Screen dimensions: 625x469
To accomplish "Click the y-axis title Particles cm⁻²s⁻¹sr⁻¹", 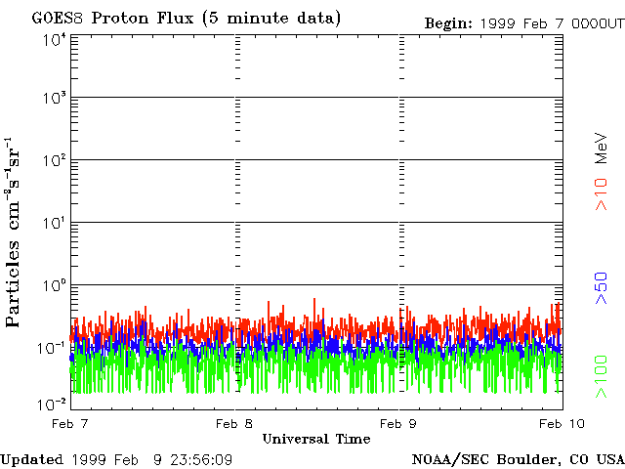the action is coord(13,233).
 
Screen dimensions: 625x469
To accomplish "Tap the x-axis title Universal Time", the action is coord(316,439).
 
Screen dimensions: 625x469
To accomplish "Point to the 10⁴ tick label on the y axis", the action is coord(55,39).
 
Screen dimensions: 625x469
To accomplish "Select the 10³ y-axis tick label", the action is coord(55,97).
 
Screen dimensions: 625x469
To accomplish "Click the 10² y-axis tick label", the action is coord(55,160).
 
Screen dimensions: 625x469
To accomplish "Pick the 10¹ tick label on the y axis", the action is coord(55,223).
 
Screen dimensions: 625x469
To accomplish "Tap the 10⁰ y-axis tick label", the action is coord(55,285).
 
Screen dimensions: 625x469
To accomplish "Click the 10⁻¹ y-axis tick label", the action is coord(52,348).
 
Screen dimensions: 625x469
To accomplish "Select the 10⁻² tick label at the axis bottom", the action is coord(52,405).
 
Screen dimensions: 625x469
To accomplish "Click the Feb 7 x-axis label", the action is coord(69,423).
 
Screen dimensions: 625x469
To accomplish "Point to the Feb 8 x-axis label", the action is coord(234,423).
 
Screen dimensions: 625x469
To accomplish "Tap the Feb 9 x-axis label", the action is coord(398,423).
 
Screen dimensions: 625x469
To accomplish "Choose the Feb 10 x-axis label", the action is coord(562,423).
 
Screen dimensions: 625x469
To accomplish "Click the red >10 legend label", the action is coord(602,194).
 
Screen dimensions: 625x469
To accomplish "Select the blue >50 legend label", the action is coord(602,288).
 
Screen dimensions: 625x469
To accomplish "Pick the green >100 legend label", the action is coord(602,376).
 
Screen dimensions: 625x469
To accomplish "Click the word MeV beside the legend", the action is coord(602,148).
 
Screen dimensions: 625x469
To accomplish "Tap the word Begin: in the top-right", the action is coord(448,23).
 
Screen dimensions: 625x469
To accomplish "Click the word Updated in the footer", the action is coord(32,460).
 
